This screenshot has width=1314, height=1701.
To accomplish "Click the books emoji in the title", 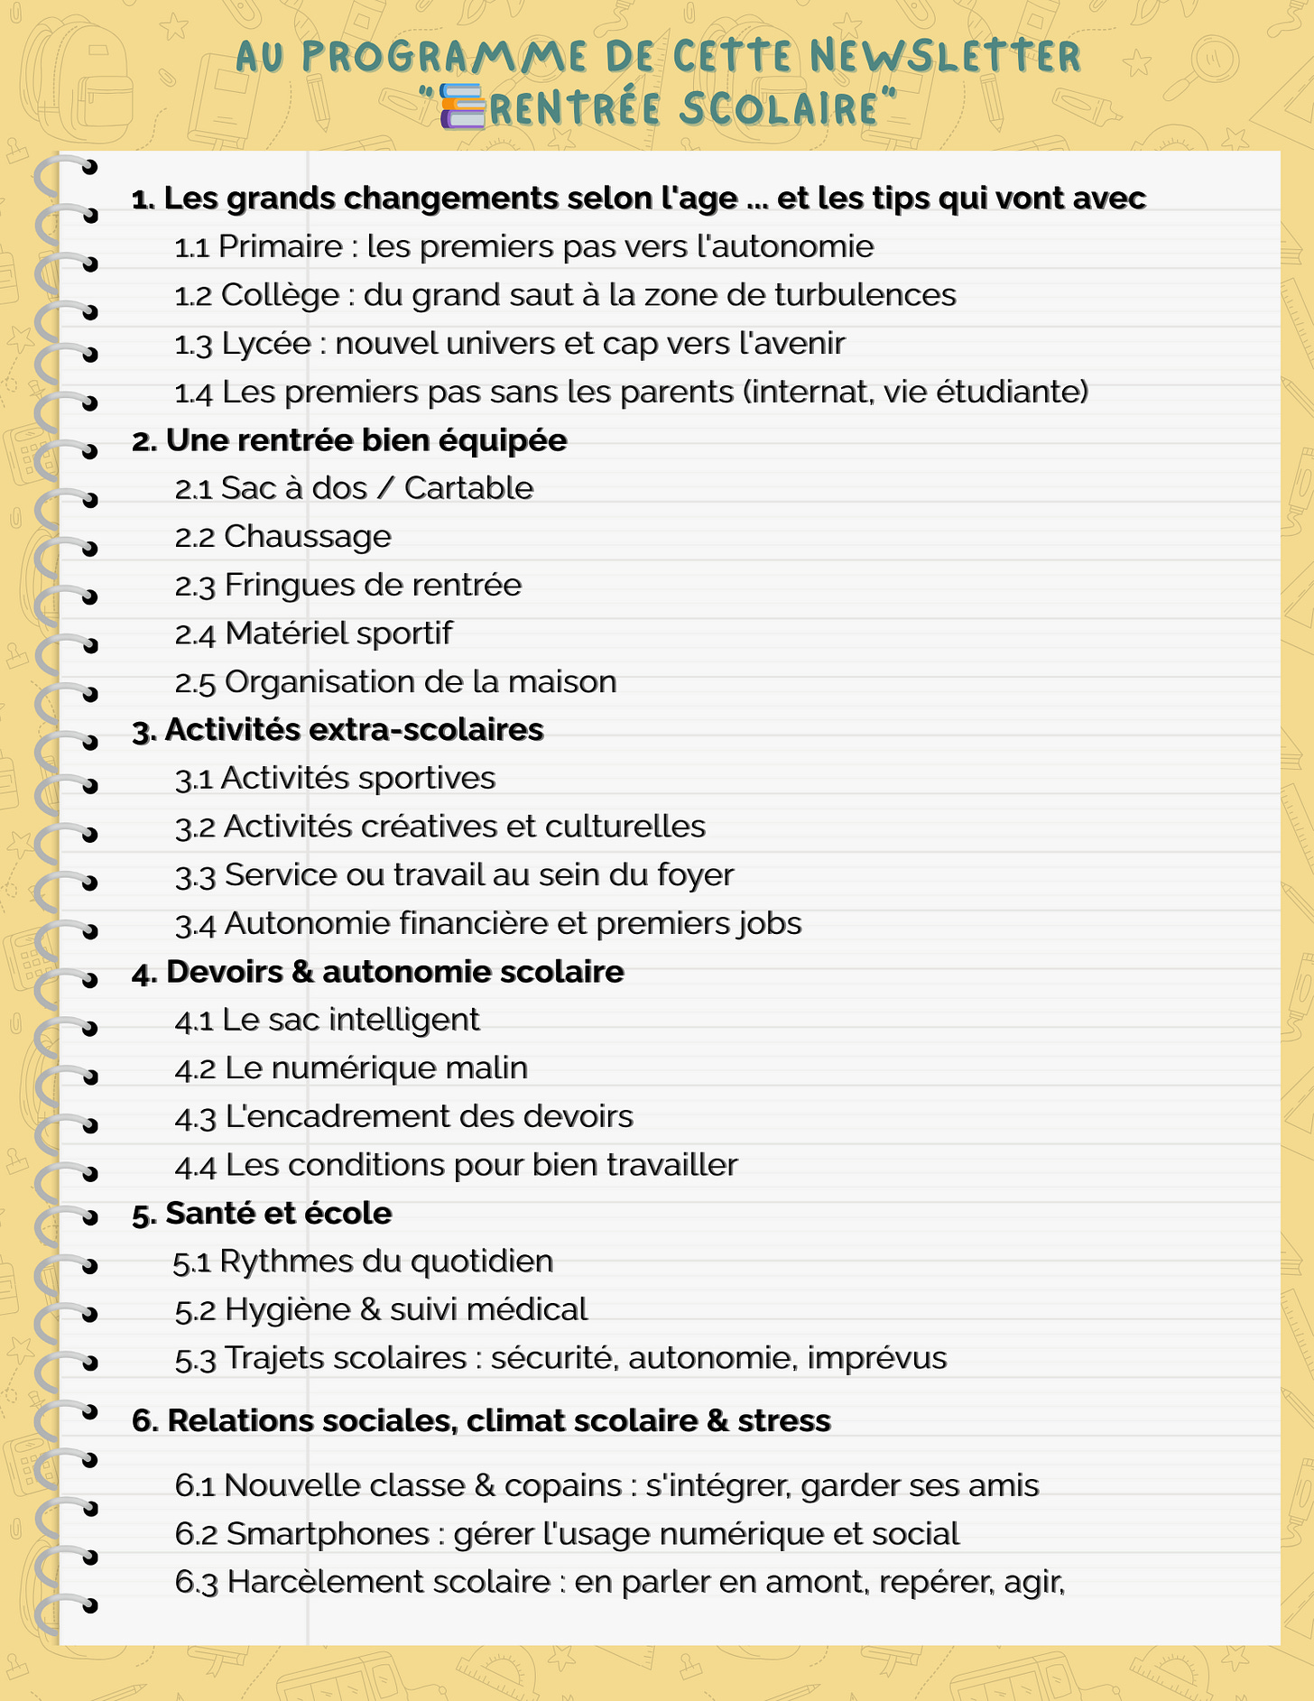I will pos(462,107).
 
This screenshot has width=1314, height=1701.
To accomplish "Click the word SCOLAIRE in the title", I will pos(778,108).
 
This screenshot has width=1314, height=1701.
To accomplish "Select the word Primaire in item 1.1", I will pos(281,246).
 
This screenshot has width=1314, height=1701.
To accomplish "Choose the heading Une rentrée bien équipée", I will pos(350,440).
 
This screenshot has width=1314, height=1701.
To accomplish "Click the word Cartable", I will pos(468,488).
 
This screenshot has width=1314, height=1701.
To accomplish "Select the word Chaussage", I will pos(307,537).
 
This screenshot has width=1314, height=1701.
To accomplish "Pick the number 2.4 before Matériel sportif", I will pos(195,634).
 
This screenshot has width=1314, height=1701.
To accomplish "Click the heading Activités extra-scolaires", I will pos(338,730).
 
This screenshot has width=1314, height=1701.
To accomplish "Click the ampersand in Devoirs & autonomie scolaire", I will pos(302,972).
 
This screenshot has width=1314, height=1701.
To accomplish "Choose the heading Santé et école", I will pos(263,1214).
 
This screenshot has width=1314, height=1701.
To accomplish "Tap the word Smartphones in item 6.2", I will pos(328,1534).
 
